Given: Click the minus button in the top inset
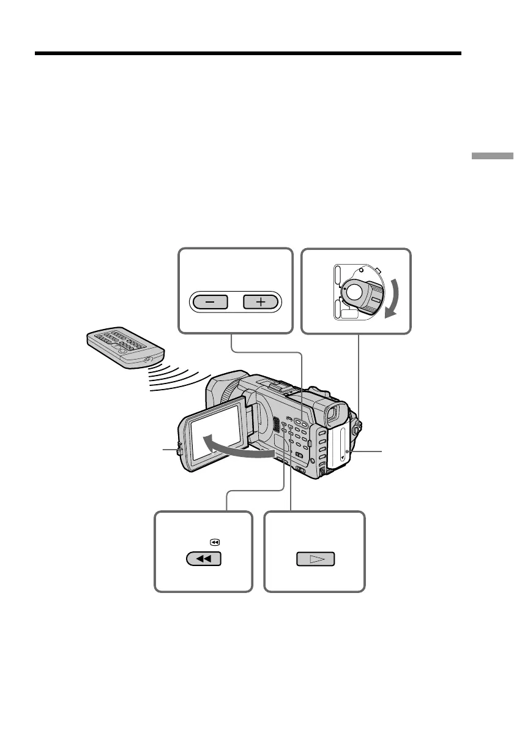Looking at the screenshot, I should (209, 302).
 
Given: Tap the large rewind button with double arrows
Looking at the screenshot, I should (203, 559).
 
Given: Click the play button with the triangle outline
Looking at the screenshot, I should (316, 559).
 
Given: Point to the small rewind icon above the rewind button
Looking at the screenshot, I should (215, 542).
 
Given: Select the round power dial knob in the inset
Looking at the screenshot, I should (356, 293).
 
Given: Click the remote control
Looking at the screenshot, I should (125, 348).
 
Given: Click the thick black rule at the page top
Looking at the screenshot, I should (247, 53).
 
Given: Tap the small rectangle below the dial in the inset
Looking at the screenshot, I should (349, 314).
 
